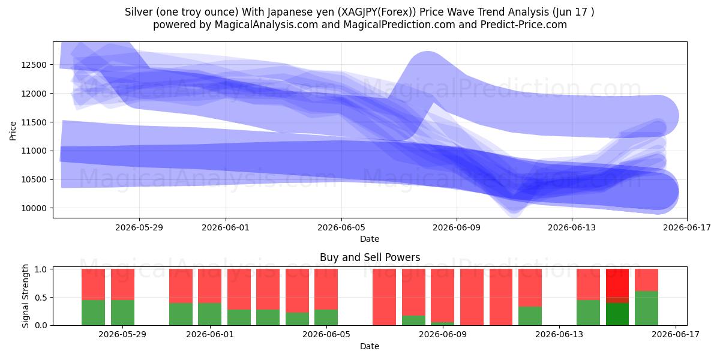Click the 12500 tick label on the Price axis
pos(34,65)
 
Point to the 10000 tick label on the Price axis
pos(34,208)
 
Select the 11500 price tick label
pos(34,122)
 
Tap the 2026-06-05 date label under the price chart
pos(341,227)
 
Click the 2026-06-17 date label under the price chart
pos(687,227)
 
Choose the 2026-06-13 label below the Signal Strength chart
pos(559,334)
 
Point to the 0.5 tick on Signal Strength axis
pos(41,298)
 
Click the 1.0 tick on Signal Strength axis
pos(41,269)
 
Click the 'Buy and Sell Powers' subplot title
pos(370,257)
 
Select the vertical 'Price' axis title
pos(13,131)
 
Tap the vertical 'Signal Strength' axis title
pos(25,296)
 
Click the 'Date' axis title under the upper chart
pos(370,239)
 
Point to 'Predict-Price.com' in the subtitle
pos(524,25)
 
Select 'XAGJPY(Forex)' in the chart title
pos(376,12)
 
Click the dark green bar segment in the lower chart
pos(617,314)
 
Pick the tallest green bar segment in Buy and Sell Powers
pos(646,308)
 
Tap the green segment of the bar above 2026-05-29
pos(123,313)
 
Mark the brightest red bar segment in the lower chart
pos(617,283)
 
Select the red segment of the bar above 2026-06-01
pos(209,286)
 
